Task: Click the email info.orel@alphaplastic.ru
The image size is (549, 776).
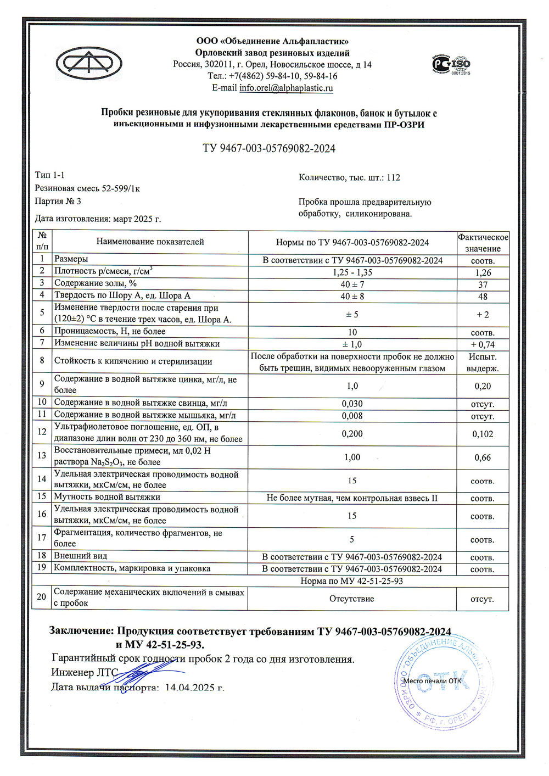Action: [286, 88]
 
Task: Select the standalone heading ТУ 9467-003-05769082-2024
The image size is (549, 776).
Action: [269, 148]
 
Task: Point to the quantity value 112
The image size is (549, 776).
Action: [393, 177]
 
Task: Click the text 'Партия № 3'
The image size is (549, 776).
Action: [58, 201]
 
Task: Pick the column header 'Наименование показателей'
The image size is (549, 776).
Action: [150, 242]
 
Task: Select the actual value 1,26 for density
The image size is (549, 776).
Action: [483, 272]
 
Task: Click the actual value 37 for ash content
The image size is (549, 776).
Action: [483, 284]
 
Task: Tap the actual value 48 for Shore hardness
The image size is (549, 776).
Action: [483, 297]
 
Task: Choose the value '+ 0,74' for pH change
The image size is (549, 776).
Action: [483, 345]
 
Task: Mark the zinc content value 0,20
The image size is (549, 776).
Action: [483, 386]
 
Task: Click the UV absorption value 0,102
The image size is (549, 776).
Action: [483, 434]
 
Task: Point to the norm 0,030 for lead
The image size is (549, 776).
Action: [352, 404]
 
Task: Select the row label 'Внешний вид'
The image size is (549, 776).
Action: [80, 556]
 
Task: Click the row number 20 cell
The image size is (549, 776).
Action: [41, 597]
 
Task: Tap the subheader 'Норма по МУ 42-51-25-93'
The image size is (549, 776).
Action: [351, 581]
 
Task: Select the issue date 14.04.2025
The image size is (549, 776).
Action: [194, 687]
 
